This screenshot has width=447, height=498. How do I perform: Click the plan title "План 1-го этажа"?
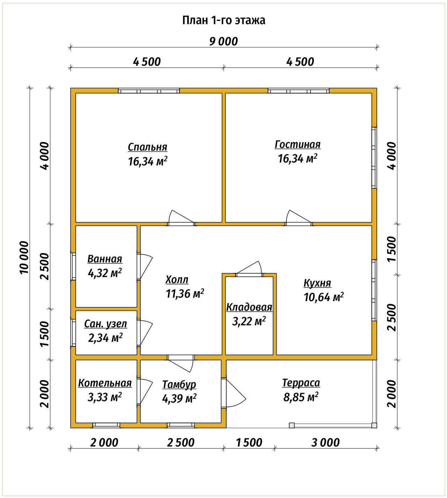coord(223,20)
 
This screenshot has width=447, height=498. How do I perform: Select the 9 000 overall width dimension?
coord(223,42)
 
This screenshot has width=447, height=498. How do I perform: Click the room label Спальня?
coord(148,147)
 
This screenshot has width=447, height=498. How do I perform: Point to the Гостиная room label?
coord(298,144)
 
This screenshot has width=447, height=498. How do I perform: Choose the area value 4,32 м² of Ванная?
coord(105,273)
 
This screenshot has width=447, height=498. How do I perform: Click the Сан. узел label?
coord(105,324)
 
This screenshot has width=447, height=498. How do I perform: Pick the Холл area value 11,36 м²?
coord(185,293)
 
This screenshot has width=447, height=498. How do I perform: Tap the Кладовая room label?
coord(249,307)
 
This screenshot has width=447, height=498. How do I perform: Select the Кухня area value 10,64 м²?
coord(324,297)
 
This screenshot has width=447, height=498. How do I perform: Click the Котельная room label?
coord(105,383)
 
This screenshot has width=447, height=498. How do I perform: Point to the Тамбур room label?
coord(179,385)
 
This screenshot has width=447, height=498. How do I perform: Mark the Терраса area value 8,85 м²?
coord(301,397)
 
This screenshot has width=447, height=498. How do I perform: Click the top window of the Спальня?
coord(149,91)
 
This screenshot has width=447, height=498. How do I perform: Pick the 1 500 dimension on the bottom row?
coord(249,443)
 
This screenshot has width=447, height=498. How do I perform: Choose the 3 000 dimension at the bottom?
coord(325,443)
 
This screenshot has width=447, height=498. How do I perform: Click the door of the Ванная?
coord(145,266)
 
